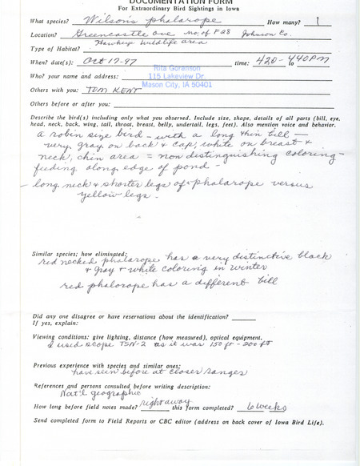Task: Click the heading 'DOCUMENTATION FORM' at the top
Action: (180, 4)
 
